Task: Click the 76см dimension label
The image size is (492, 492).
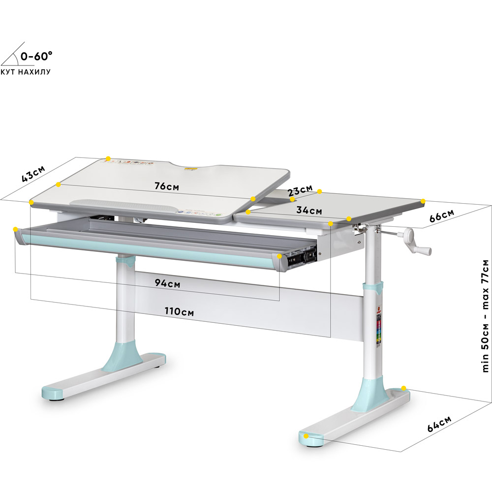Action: (x=166, y=186)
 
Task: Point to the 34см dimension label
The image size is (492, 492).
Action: (x=309, y=211)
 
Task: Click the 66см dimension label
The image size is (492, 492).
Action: (x=441, y=216)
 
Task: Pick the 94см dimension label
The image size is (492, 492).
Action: (x=167, y=283)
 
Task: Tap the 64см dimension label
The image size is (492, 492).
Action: (x=439, y=424)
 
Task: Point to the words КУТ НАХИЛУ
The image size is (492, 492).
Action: (x=26, y=72)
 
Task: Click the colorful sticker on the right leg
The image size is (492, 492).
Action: (x=378, y=330)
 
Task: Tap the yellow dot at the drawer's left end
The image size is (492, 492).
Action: (x=16, y=229)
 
